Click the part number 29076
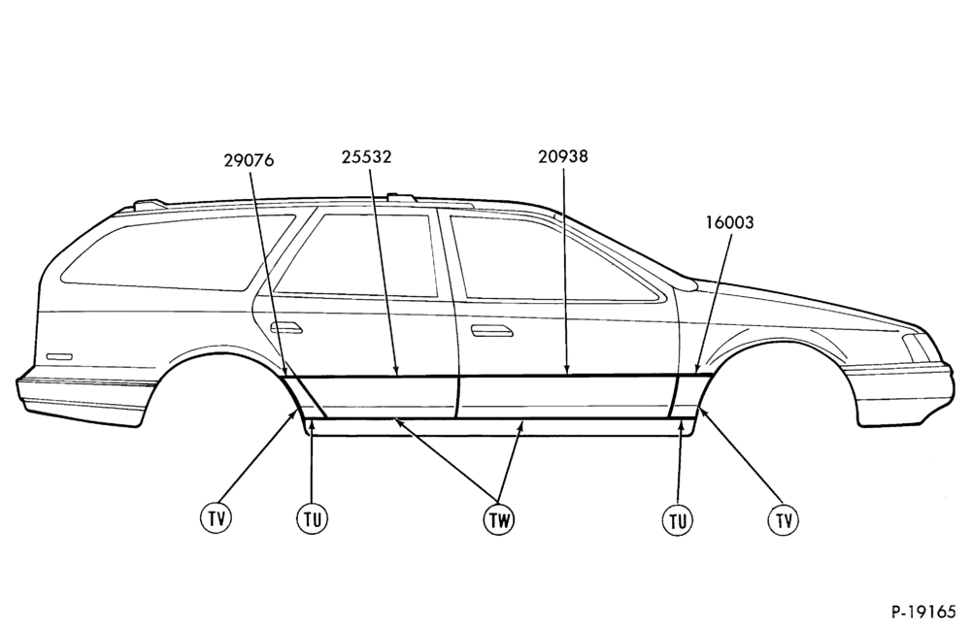249,160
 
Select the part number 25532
366,157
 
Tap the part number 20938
563,156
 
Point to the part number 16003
729,222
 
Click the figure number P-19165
923,612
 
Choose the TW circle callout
498,520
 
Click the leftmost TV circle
217,517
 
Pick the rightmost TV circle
784,519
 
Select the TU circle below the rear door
312,519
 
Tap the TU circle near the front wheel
678,520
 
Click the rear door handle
286,328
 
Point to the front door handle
492,331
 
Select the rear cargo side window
180,252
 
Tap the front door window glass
552,259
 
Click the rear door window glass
356,255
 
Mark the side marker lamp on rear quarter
59,357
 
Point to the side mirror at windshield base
686,282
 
